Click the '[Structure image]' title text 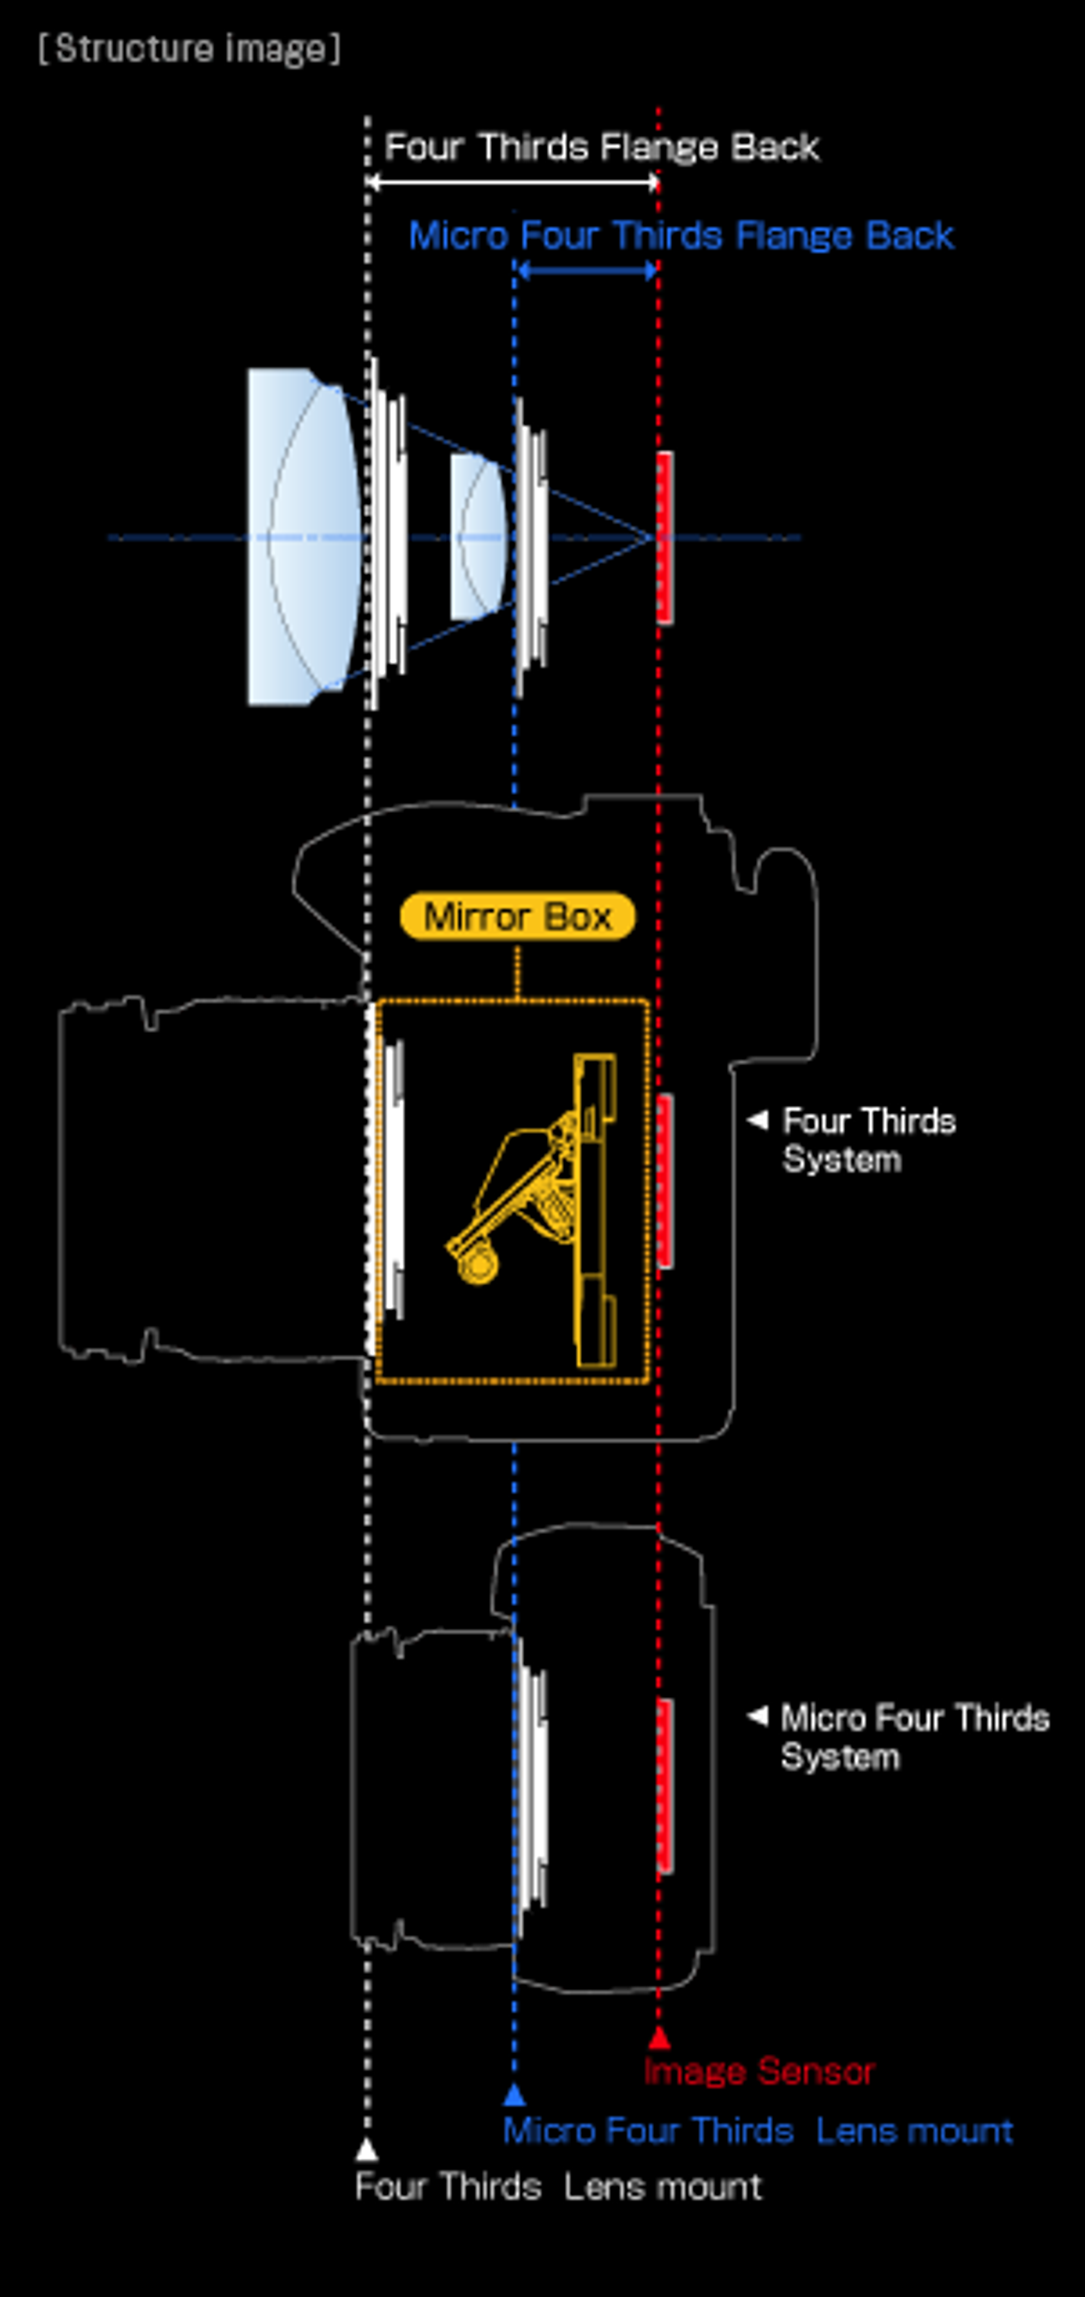pos(189,49)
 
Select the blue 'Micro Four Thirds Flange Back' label pos(682,236)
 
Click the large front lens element pos(305,537)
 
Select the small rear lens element pos(478,537)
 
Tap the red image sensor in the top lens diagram pos(664,537)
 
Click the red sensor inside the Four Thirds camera pos(664,1181)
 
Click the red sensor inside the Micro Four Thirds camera pos(664,1785)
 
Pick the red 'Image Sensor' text pos(759,2071)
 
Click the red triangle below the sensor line pos(658,2038)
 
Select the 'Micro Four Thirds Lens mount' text pos(758,2131)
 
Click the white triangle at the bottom pos(366,2150)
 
